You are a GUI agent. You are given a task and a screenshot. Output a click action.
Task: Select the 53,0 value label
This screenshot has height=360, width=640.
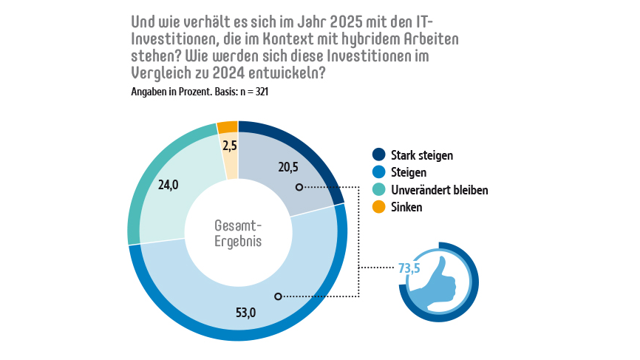click(245, 313)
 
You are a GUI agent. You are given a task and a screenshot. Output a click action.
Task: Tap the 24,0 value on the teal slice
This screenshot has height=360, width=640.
click(168, 186)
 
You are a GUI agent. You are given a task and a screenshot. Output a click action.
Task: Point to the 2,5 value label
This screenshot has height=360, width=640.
click(230, 146)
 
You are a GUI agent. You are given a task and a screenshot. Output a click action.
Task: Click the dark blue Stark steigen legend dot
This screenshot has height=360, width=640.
click(379, 154)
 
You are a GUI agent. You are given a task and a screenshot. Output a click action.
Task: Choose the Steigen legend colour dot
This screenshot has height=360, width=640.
click(379, 172)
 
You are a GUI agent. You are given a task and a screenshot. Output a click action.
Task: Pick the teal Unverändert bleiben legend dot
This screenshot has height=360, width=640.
click(379, 190)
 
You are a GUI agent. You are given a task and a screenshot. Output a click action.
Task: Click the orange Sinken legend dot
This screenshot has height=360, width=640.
click(379, 208)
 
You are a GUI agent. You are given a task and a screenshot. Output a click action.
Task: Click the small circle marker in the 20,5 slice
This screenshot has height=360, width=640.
click(299, 187)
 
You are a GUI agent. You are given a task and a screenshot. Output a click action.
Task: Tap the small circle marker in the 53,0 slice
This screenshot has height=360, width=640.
click(278, 296)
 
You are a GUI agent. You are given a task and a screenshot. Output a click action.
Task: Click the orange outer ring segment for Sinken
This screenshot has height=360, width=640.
click(227, 126)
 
